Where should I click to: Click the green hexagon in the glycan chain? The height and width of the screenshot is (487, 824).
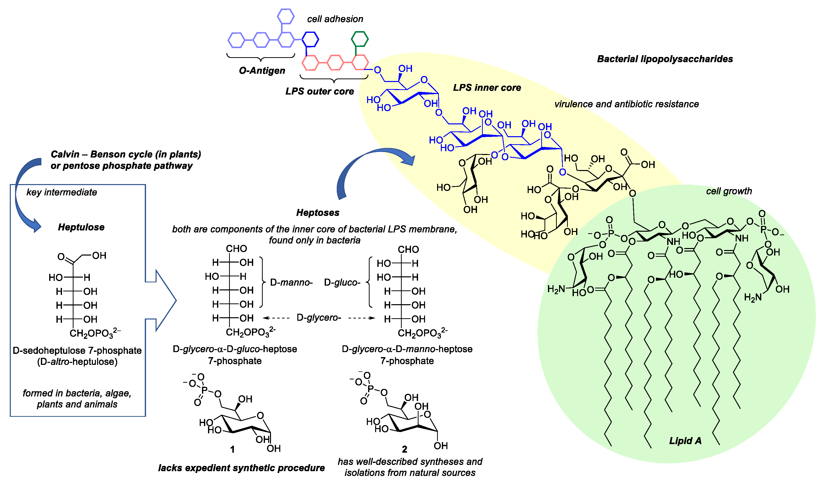[360, 39]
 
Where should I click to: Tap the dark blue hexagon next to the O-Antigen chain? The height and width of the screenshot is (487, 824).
[310, 39]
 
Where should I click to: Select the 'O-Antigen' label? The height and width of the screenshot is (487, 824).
[262, 70]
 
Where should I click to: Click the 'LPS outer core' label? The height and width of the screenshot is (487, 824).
[319, 91]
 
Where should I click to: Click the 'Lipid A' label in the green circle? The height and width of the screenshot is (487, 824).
[685, 441]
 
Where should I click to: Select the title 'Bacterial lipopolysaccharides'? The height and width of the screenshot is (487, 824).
[665, 59]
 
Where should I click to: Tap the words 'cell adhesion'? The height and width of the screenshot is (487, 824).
[335, 19]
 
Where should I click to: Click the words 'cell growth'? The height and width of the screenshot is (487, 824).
[729, 191]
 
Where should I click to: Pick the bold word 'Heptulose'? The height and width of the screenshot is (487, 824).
[81, 227]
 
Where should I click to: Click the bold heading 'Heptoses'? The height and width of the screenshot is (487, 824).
[317, 213]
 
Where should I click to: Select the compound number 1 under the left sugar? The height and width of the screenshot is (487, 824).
[232, 449]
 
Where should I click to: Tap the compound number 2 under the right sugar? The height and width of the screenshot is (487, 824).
[404, 449]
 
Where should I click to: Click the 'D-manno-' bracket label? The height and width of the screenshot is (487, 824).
[291, 283]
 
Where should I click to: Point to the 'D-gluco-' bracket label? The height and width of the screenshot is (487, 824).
[342, 283]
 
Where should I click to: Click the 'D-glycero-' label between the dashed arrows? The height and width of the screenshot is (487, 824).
[319, 318]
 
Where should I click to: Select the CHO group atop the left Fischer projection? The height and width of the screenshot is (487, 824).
[236, 249]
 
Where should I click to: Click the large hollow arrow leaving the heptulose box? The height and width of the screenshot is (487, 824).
[164, 300]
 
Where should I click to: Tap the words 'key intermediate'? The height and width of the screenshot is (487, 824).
[62, 192]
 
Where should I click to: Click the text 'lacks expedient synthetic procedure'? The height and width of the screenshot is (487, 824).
[241, 468]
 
